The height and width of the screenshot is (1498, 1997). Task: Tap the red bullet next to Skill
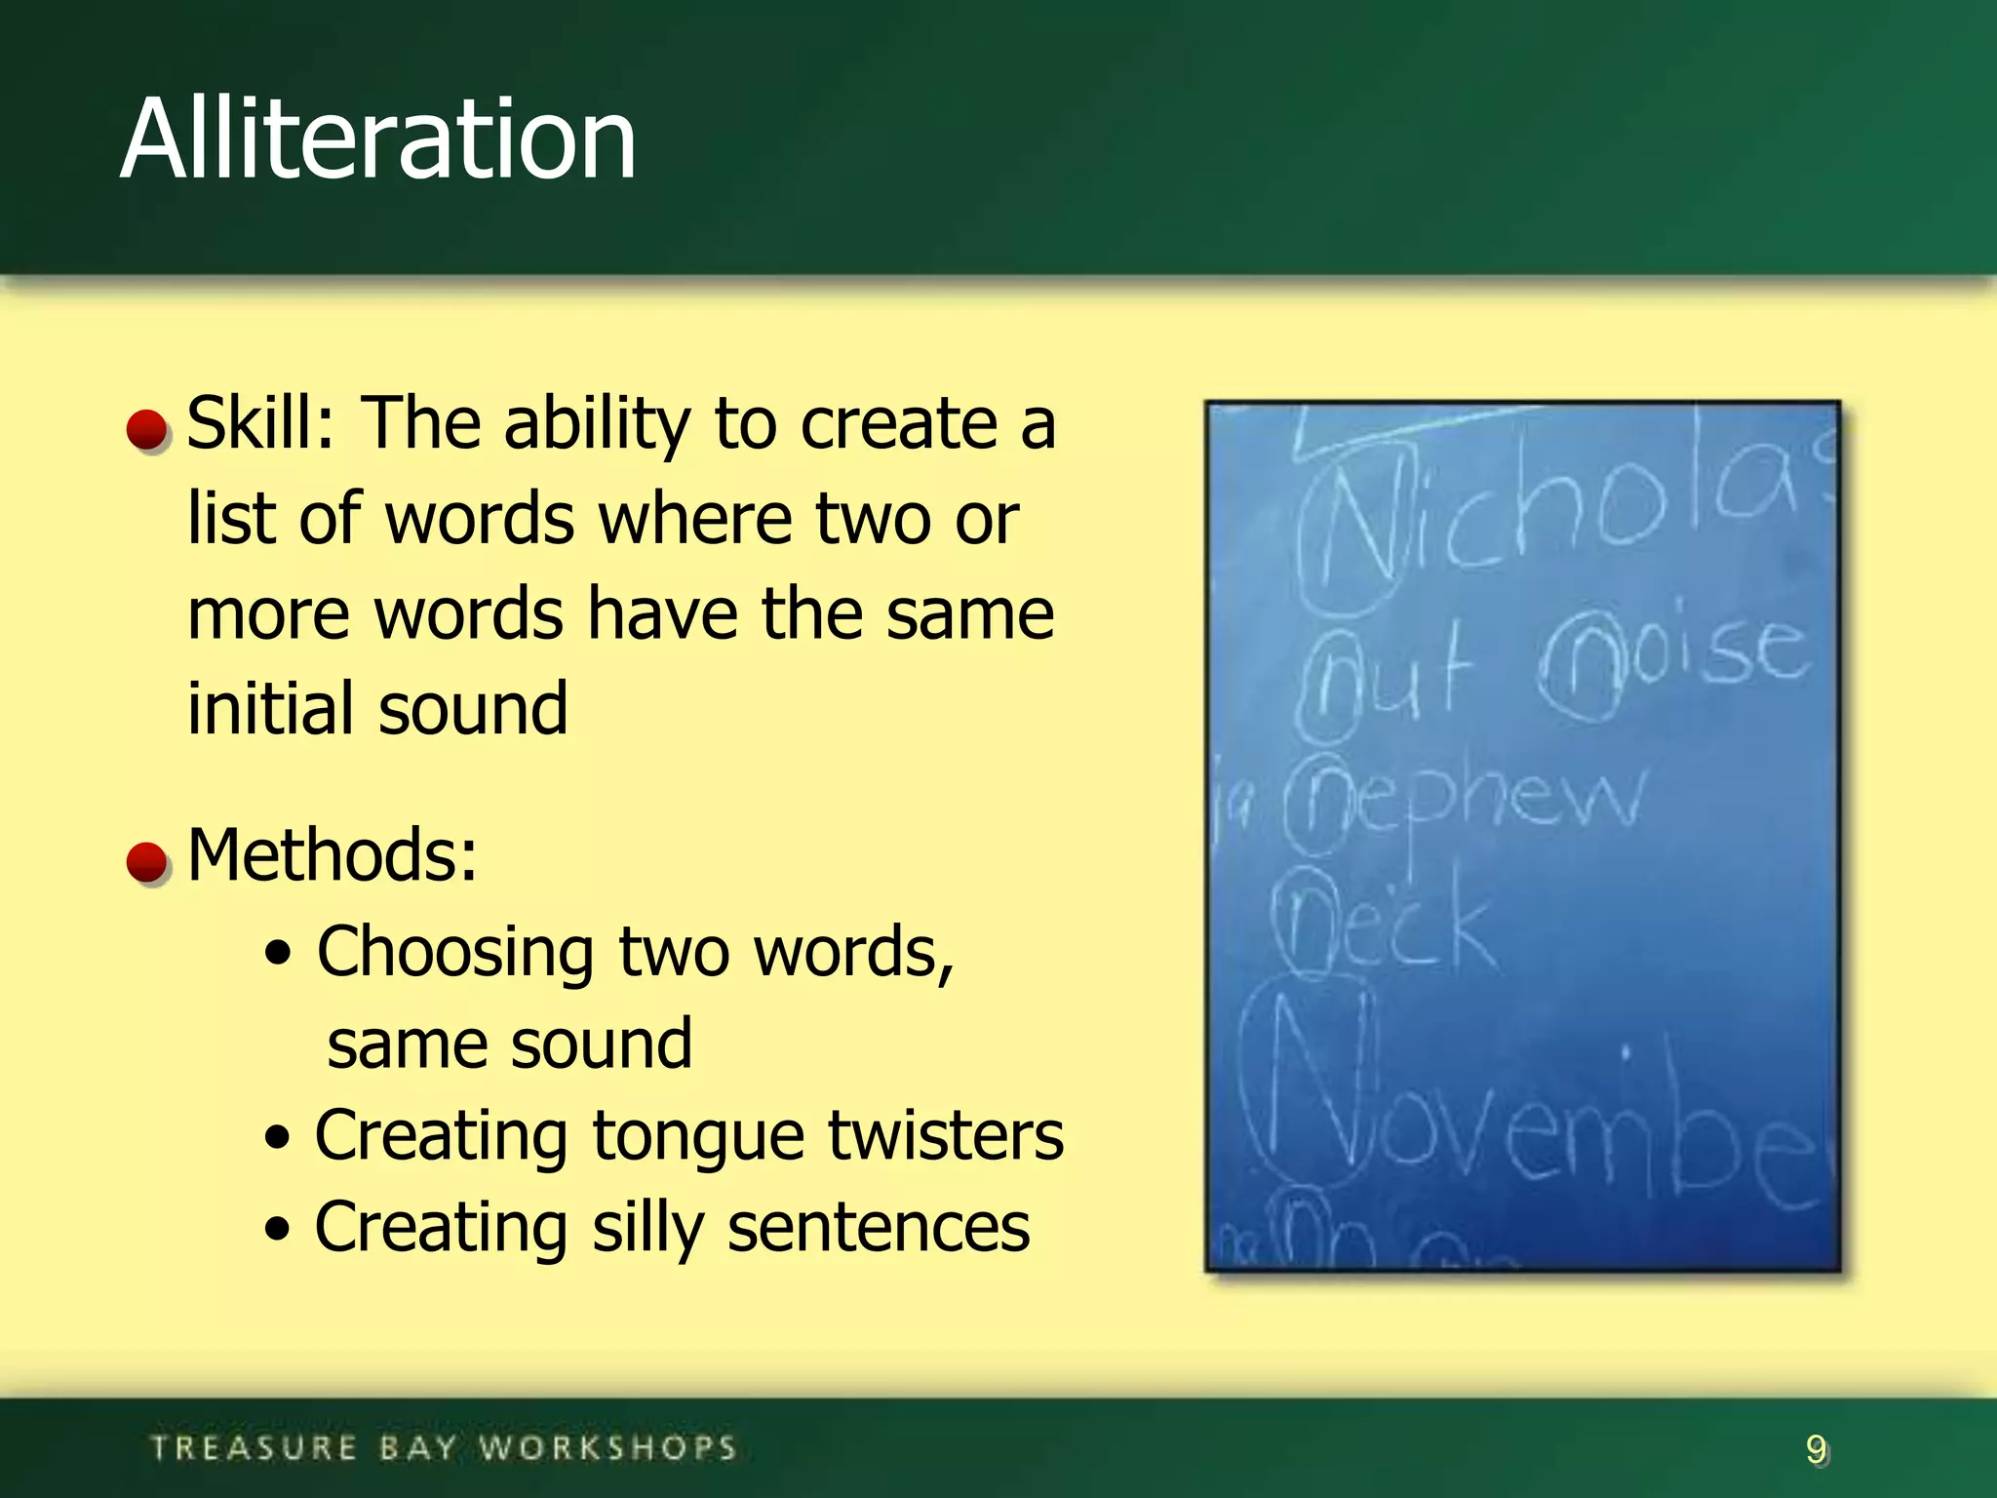pyautogui.click(x=148, y=430)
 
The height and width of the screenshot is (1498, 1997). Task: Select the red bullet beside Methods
pyautogui.click(x=148, y=862)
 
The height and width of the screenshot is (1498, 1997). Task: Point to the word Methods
pyautogui.click(x=332, y=855)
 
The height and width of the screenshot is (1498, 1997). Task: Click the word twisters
pyautogui.click(x=945, y=1136)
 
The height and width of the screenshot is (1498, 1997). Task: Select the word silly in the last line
pyautogui.click(x=647, y=1228)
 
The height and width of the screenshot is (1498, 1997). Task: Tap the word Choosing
pyautogui.click(x=454, y=952)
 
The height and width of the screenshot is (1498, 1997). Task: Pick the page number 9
pyautogui.click(x=1816, y=1449)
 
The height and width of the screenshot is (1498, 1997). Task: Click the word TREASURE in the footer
pyautogui.click(x=255, y=1448)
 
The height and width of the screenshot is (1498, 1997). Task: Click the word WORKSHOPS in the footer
pyautogui.click(x=607, y=1448)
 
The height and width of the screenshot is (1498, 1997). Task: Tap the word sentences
pyautogui.click(x=879, y=1228)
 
